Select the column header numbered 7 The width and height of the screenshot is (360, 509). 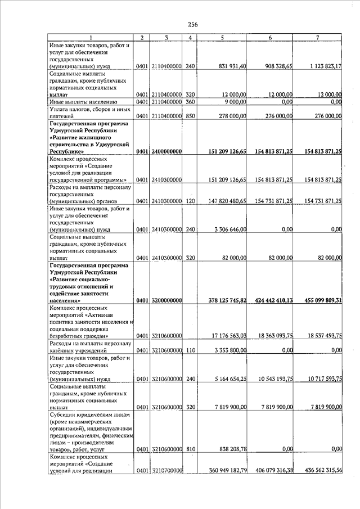click(318, 38)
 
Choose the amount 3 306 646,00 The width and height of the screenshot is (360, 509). click(230, 229)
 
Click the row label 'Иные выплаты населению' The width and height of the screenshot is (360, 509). click(83, 102)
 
